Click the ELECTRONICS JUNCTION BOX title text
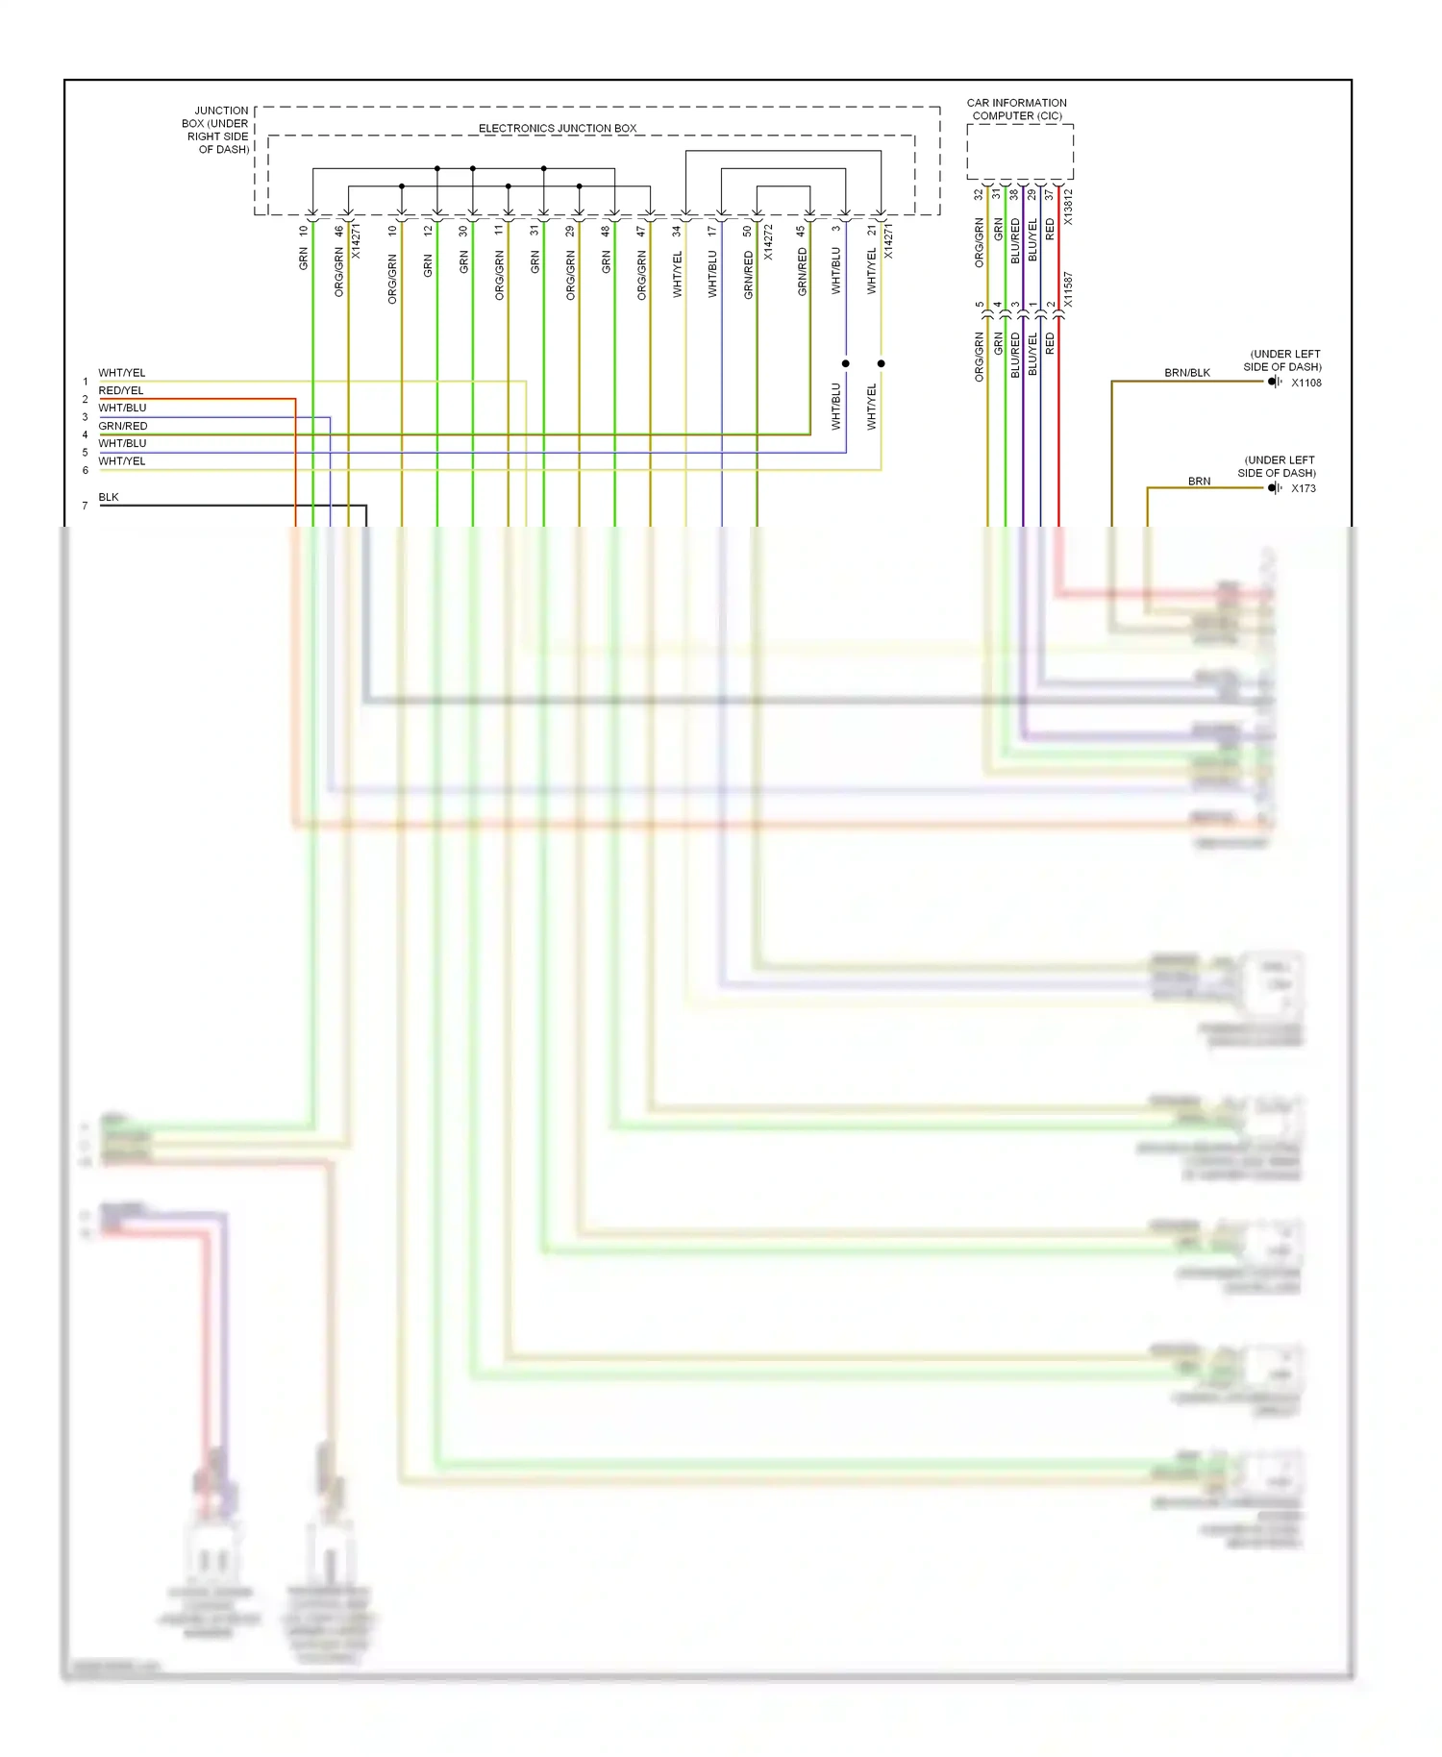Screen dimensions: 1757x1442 (558, 128)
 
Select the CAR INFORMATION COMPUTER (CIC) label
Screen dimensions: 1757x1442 (1016, 110)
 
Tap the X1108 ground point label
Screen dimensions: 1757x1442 (1305, 383)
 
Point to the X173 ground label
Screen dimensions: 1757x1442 (1303, 488)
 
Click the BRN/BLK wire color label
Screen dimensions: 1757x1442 (1186, 373)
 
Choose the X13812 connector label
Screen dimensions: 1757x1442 (1068, 208)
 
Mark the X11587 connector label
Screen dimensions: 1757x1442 (1068, 289)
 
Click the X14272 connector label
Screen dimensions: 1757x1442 (768, 243)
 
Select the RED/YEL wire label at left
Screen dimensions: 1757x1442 (120, 390)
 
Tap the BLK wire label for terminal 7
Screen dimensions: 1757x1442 (109, 497)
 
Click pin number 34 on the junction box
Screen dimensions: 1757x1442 (677, 232)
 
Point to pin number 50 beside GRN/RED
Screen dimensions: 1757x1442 (748, 232)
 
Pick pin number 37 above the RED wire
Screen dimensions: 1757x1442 (1050, 194)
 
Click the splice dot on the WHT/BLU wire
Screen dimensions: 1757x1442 (846, 363)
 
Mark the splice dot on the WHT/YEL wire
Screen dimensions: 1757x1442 (881, 363)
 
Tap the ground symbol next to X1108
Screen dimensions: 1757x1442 (1274, 382)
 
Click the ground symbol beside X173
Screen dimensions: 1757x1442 (1274, 488)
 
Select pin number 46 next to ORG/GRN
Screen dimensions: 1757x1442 (338, 232)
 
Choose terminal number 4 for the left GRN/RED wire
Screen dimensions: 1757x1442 (85, 434)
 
